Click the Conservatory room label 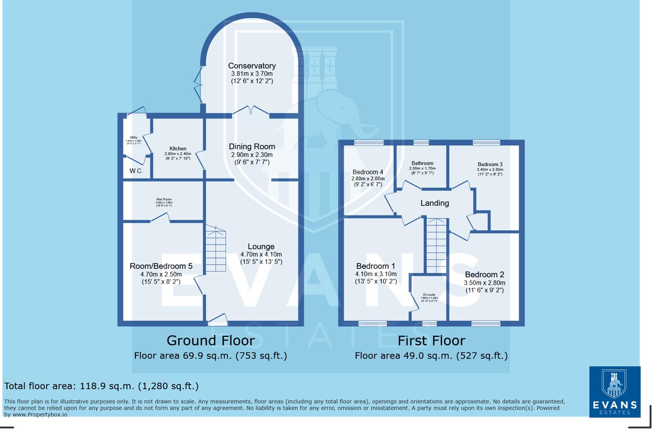252,66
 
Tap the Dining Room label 252,146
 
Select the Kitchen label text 178,149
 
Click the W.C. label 136,171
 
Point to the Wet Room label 164,200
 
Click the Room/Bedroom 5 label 161,266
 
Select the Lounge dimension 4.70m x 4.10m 261,255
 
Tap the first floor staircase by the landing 436,246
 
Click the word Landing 435,203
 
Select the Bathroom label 422,163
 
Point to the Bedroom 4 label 367,172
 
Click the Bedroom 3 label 490,164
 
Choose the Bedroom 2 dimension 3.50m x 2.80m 484,283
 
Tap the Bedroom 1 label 375,266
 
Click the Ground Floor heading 211,340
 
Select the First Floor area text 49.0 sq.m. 431,356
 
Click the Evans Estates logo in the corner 614,391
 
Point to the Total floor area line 101,386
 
